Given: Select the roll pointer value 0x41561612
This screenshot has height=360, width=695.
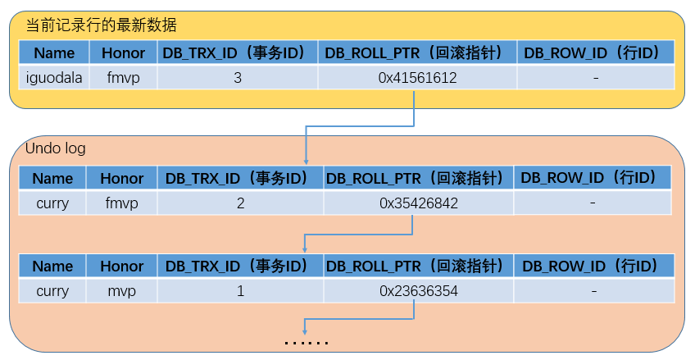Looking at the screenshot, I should click(417, 78).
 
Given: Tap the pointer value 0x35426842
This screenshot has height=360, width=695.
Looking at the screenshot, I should click(418, 203).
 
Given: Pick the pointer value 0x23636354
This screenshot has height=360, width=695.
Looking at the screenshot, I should click(418, 291).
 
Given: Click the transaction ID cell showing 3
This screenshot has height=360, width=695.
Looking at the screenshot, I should click(237, 78).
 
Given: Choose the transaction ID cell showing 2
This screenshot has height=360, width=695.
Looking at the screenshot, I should click(240, 203).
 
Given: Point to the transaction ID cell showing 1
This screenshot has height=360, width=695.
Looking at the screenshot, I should click(240, 291).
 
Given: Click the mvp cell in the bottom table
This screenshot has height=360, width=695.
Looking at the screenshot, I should click(121, 291).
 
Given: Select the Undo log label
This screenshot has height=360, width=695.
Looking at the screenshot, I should click(55, 149).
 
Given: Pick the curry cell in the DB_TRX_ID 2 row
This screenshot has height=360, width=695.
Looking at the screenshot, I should click(52, 203).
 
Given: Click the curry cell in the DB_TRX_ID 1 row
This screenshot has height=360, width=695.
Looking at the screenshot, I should click(52, 291).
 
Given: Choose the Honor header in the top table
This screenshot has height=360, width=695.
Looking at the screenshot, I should click(124, 53).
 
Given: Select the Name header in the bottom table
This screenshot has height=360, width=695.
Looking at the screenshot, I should click(52, 267).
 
